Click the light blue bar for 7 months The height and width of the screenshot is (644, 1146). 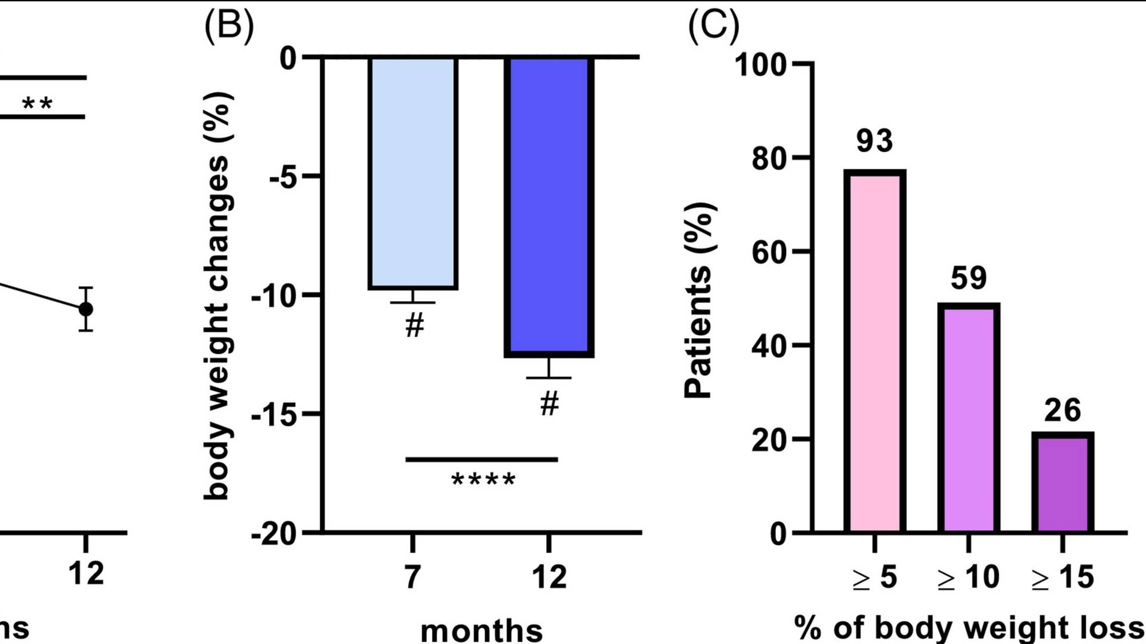click(x=413, y=173)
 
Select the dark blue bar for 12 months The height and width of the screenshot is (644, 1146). click(x=549, y=207)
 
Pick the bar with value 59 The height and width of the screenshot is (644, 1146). click(x=968, y=418)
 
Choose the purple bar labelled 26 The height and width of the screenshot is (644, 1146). click(x=1062, y=482)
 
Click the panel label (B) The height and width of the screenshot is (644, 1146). click(x=229, y=27)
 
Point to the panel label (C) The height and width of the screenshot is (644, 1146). click(x=714, y=27)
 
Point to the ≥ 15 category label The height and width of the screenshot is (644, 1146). click(x=1062, y=577)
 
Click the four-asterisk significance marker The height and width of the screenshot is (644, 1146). click(x=483, y=480)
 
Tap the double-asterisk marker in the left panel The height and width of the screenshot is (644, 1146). click(x=37, y=104)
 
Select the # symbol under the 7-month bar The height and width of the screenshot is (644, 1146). click(x=414, y=326)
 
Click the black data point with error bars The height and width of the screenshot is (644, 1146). click(x=86, y=309)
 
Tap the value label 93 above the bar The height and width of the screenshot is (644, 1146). click(x=874, y=141)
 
